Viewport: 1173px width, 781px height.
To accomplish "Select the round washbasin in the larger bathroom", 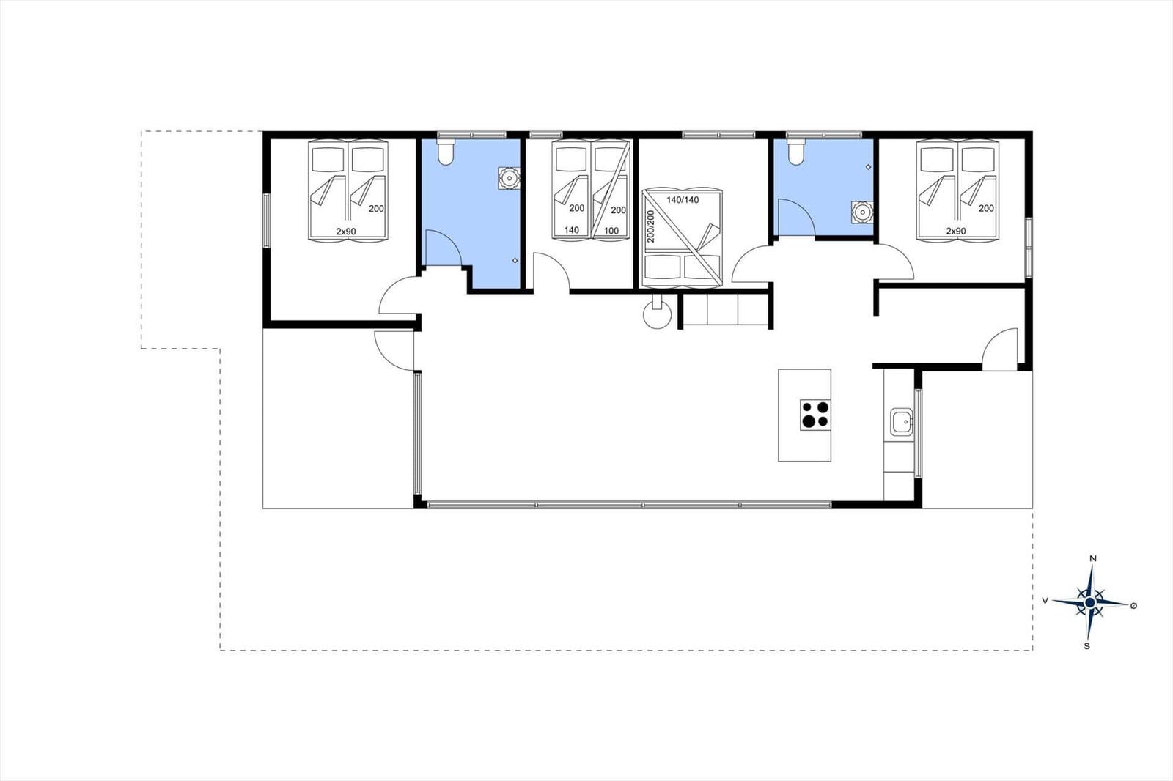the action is click(x=509, y=179).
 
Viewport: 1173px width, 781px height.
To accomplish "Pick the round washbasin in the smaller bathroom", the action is click(x=862, y=212).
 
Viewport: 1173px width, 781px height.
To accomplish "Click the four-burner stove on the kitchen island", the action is click(x=815, y=415).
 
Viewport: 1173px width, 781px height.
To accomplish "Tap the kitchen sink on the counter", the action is click(x=902, y=421).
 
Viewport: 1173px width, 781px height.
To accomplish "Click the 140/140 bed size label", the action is click(x=683, y=200).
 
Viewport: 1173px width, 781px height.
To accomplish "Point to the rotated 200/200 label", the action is click(x=651, y=226).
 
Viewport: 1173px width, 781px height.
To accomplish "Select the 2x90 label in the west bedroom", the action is click(x=345, y=232).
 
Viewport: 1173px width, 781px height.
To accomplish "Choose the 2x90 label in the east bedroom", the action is click(x=956, y=231).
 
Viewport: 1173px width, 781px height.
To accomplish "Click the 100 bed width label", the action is click(x=611, y=230).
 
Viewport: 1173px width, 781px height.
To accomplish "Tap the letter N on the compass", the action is click(x=1093, y=558).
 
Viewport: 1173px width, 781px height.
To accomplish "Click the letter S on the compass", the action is click(x=1086, y=646).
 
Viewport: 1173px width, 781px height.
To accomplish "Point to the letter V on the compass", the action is click(x=1045, y=601).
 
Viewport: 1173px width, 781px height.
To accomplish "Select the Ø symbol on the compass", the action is click(x=1133, y=606).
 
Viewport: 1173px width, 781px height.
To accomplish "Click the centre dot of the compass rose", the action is click(x=1090, y=602).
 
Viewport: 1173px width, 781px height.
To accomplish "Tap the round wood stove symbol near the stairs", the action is click(x=657, y=314).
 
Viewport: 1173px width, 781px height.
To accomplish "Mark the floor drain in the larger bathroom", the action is click(x=515, y=260).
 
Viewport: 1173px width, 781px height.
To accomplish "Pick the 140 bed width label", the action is click(x=571, y=230).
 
